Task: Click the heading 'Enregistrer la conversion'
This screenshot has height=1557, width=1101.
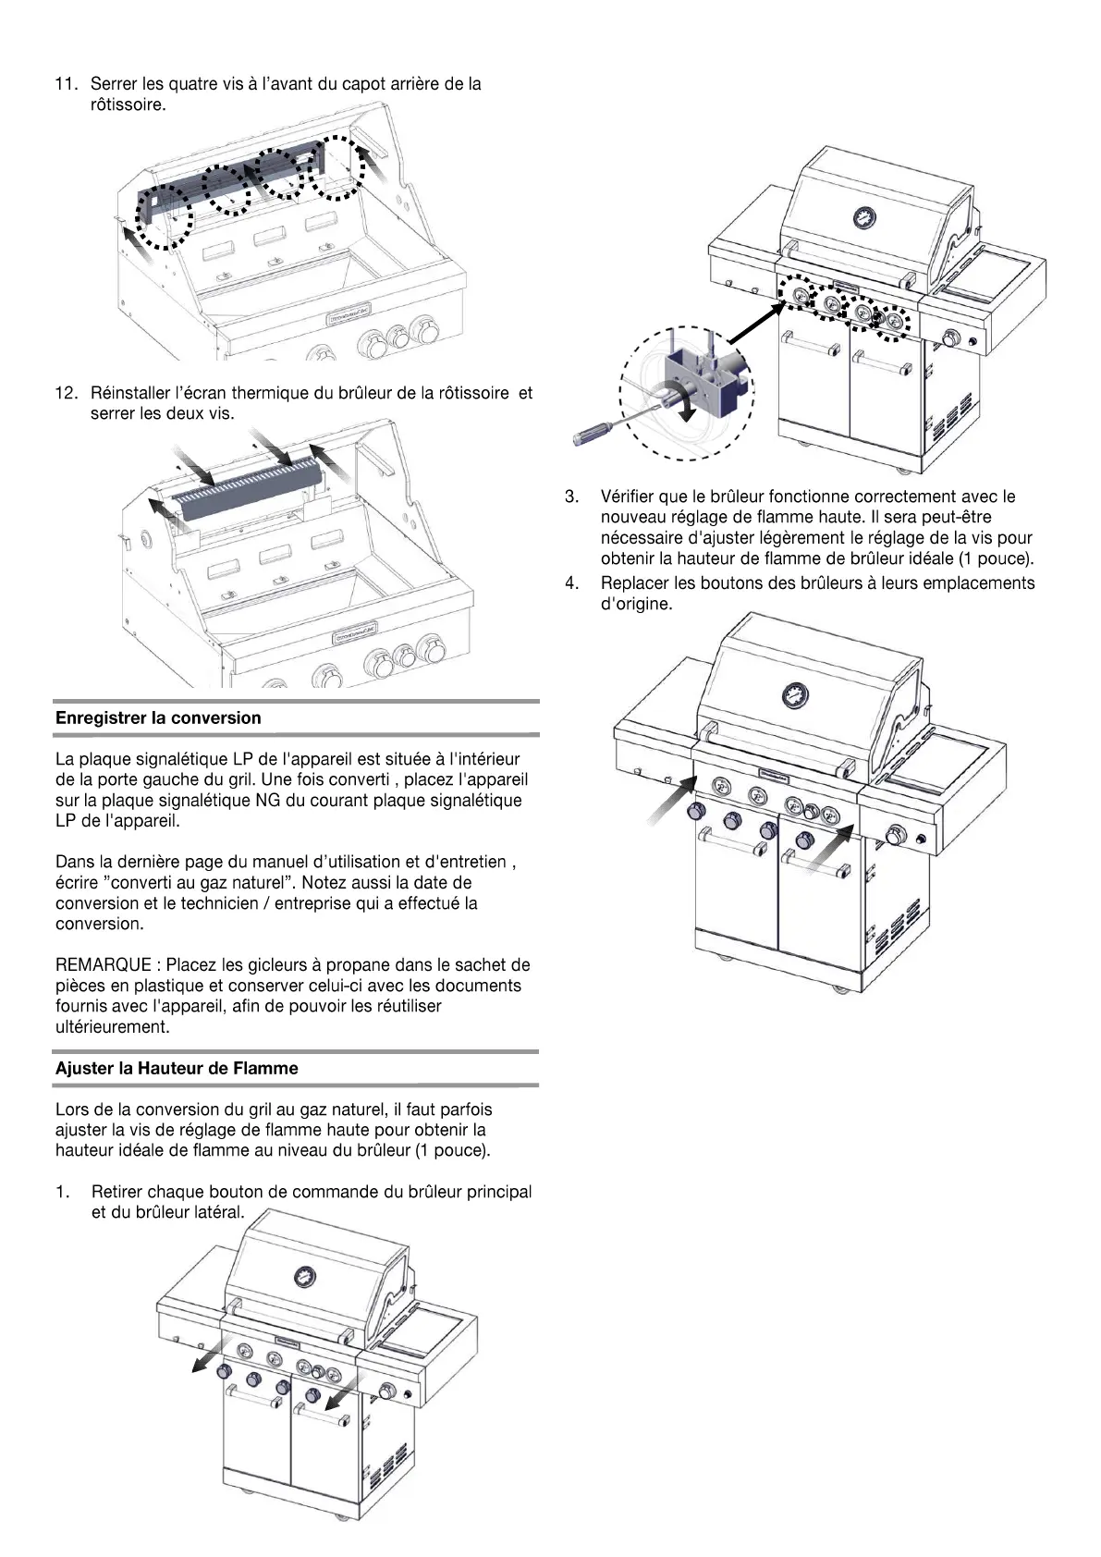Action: click(x=158, y=718)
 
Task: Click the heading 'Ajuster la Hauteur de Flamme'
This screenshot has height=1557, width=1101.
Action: click(x=177, y=1069)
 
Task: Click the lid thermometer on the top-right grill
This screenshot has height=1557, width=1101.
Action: click(x=863, y=218)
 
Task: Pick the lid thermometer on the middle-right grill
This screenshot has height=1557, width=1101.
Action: click(x=793, y=694)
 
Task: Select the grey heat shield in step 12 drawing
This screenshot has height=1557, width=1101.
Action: click(x=248, y=496)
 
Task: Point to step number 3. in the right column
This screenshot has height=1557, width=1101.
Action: click(x=573, y=498)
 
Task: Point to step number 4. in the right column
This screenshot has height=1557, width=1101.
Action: click(x=573, y=583)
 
